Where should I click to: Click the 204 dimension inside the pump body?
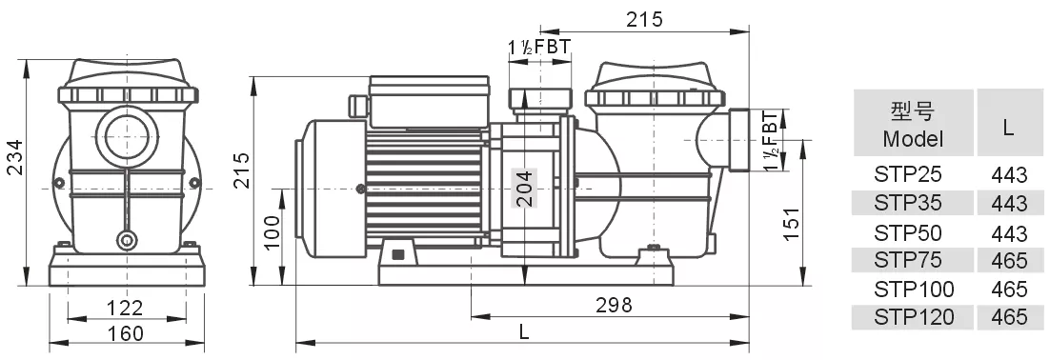(522, 189)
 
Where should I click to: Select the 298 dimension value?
(614, 305)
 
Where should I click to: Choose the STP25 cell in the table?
(912, 175)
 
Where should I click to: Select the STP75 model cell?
(912, 261)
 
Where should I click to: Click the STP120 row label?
(912, 317)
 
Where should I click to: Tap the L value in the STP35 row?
(1008, 204)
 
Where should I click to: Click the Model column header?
(912, 124)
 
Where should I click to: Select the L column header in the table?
(1008, 125)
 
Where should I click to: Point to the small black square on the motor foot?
(397, 253)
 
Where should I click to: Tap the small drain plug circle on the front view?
(126, 239)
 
